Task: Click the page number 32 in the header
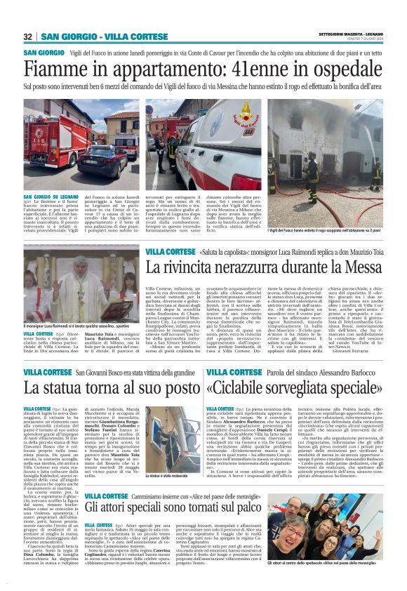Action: point(27,36)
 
